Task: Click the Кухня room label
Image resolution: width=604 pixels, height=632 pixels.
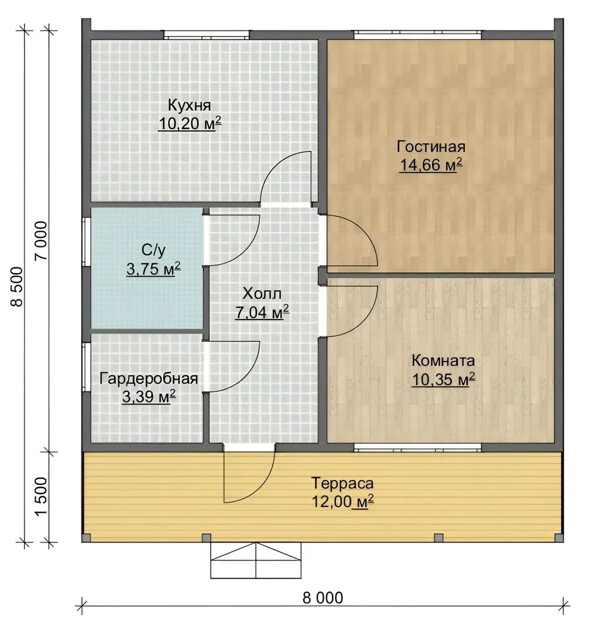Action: click(x=189, y=105)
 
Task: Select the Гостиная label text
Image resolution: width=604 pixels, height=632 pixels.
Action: click(x=431, y=146)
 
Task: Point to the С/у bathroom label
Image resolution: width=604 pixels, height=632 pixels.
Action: click(x=153, y=250)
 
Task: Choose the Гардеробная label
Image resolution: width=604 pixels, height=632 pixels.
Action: click(x=149, y=379)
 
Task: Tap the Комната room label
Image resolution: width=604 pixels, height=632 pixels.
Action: click(x=443, y=360)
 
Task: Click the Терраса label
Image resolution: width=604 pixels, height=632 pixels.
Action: click(x=343, y=483)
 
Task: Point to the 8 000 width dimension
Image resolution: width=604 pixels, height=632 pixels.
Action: click(x=323, y=597)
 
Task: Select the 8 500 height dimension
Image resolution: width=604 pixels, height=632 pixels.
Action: click(x=18, y=287)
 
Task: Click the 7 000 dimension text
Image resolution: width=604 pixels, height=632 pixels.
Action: click(x=42, y=241)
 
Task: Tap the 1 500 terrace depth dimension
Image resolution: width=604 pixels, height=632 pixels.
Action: click(x=42, y=497)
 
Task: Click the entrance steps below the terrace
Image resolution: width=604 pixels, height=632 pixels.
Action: click(x=256, y=561)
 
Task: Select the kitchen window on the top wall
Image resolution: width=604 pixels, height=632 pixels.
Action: click(x=207, y=35)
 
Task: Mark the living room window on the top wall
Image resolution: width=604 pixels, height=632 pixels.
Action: click(x=417, y=35)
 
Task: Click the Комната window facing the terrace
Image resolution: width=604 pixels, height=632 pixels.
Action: click(x=417, y=447)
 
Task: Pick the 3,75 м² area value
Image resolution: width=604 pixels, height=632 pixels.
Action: click(x=153, y=269)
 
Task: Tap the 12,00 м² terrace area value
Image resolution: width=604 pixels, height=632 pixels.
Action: click(x=343, y=502)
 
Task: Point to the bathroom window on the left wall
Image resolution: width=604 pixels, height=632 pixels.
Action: click(x=85, y=242)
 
